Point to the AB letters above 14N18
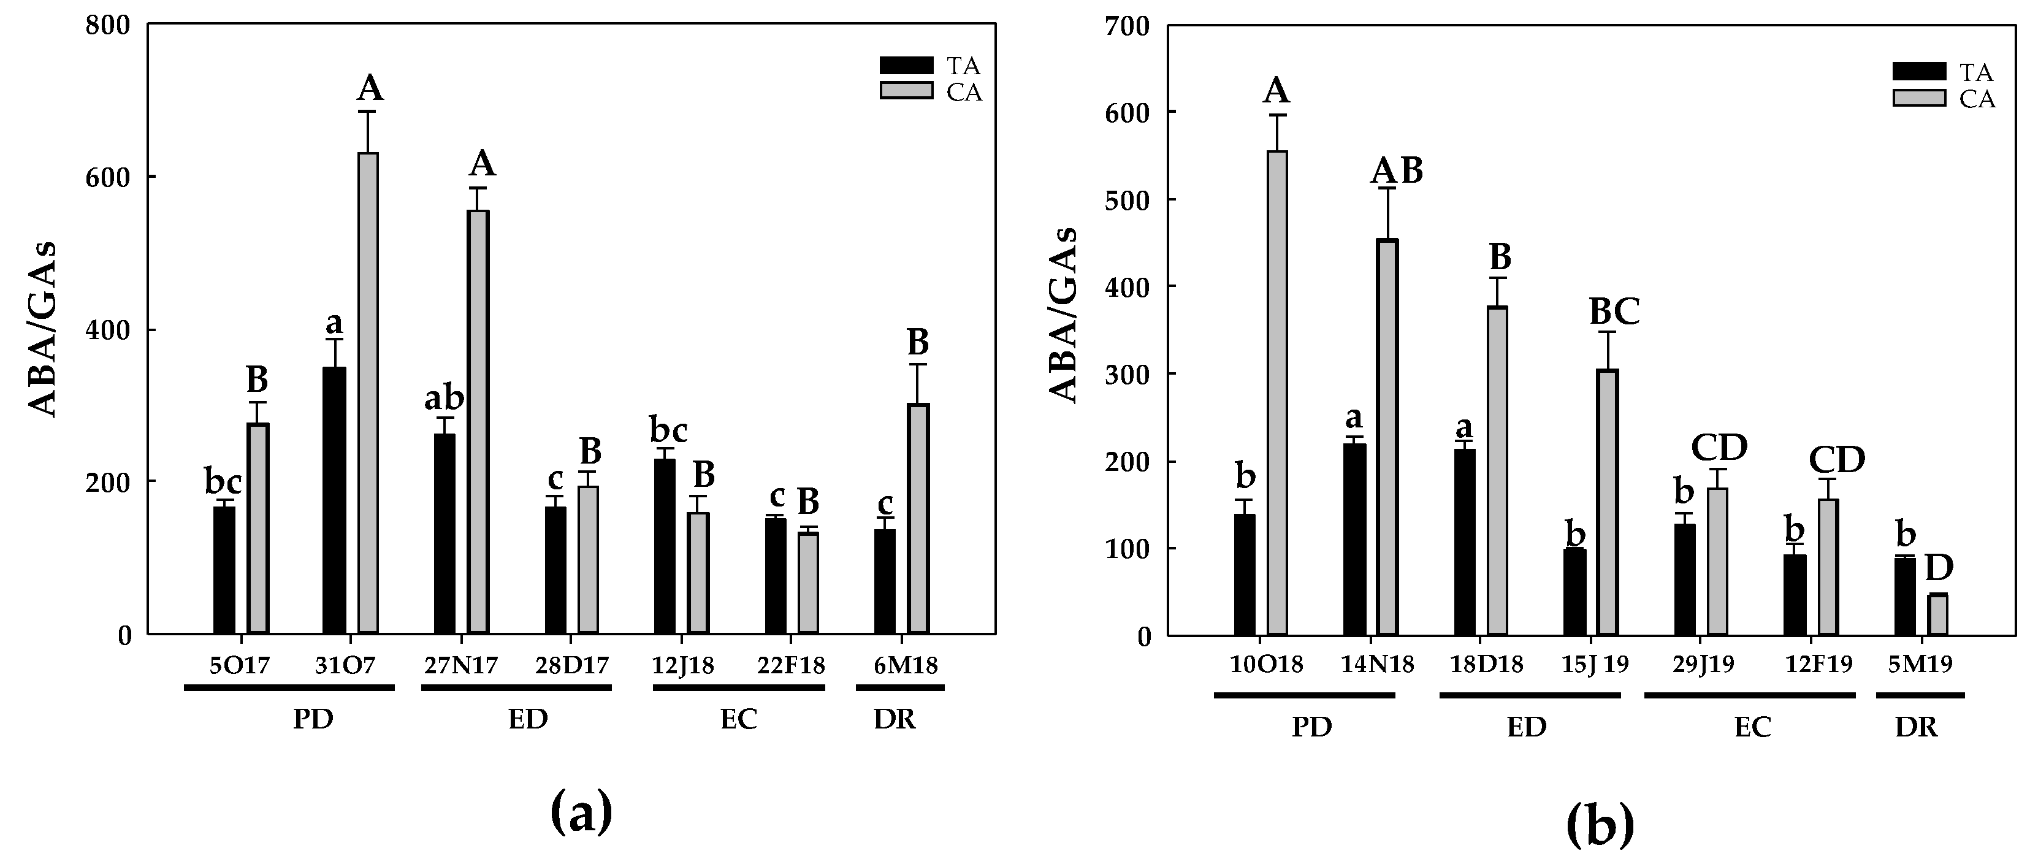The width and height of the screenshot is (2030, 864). coord(1397,171)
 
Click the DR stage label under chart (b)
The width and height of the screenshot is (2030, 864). coord(1916,727)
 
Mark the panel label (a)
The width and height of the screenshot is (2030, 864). coord(581,814)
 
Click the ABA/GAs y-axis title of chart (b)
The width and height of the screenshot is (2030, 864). coord(1064,315)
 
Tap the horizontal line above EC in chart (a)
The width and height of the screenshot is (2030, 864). coord(738,688)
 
